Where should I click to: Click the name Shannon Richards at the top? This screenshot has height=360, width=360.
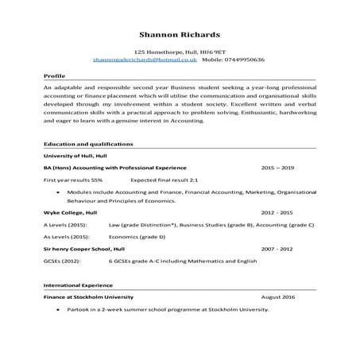point(180,35)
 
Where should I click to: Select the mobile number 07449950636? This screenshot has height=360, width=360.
point(244,60)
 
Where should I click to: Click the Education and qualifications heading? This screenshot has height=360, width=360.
point(88,144)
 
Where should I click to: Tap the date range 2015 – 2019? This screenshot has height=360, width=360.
point(277,168)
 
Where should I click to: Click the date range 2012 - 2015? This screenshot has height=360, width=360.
point(277,214)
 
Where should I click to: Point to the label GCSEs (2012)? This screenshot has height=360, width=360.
point(63,261)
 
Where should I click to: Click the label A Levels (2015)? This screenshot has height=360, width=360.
point(66,226)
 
